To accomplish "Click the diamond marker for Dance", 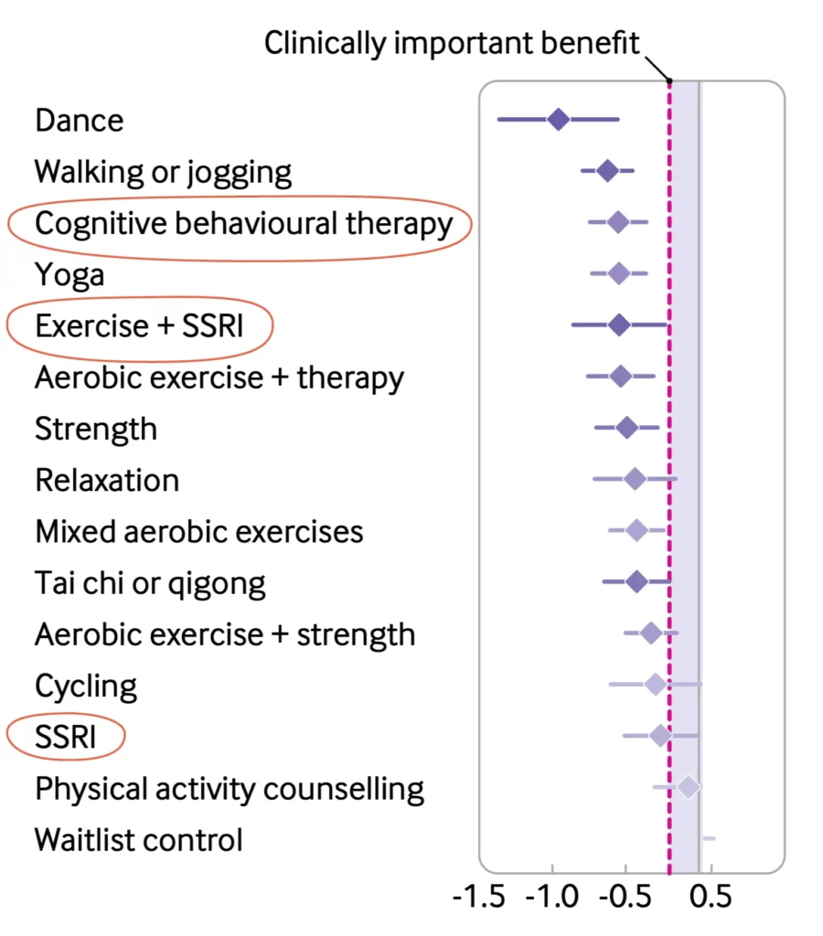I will [558, 119].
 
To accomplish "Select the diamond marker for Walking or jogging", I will [607, 170].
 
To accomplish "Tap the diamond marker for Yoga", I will [619, 272].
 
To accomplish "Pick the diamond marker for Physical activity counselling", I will [689, 787].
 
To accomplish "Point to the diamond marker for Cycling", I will [656, 684].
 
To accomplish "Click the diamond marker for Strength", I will [626, 427].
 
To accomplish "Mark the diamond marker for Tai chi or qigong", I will [637, 581].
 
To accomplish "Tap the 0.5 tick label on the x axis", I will [708, 897].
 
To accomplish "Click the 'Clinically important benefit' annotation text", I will [452, 43].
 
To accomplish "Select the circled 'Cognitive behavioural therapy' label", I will [243, 223].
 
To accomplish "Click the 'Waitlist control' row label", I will [139, 839].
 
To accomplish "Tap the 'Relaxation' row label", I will [107, 480].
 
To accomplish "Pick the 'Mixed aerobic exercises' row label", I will [199, 531].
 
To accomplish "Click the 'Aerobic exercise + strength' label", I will [225, 633].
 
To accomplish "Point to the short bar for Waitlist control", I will [709, 838].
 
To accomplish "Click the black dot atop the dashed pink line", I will [669, 81].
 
